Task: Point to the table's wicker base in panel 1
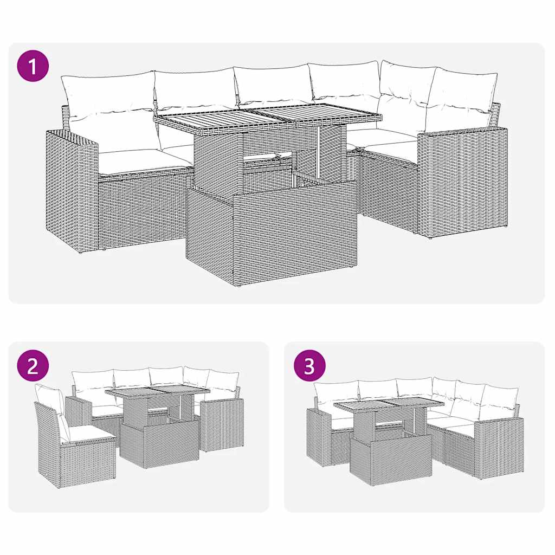tap(271, 233)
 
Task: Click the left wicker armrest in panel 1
tap(72, 190)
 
